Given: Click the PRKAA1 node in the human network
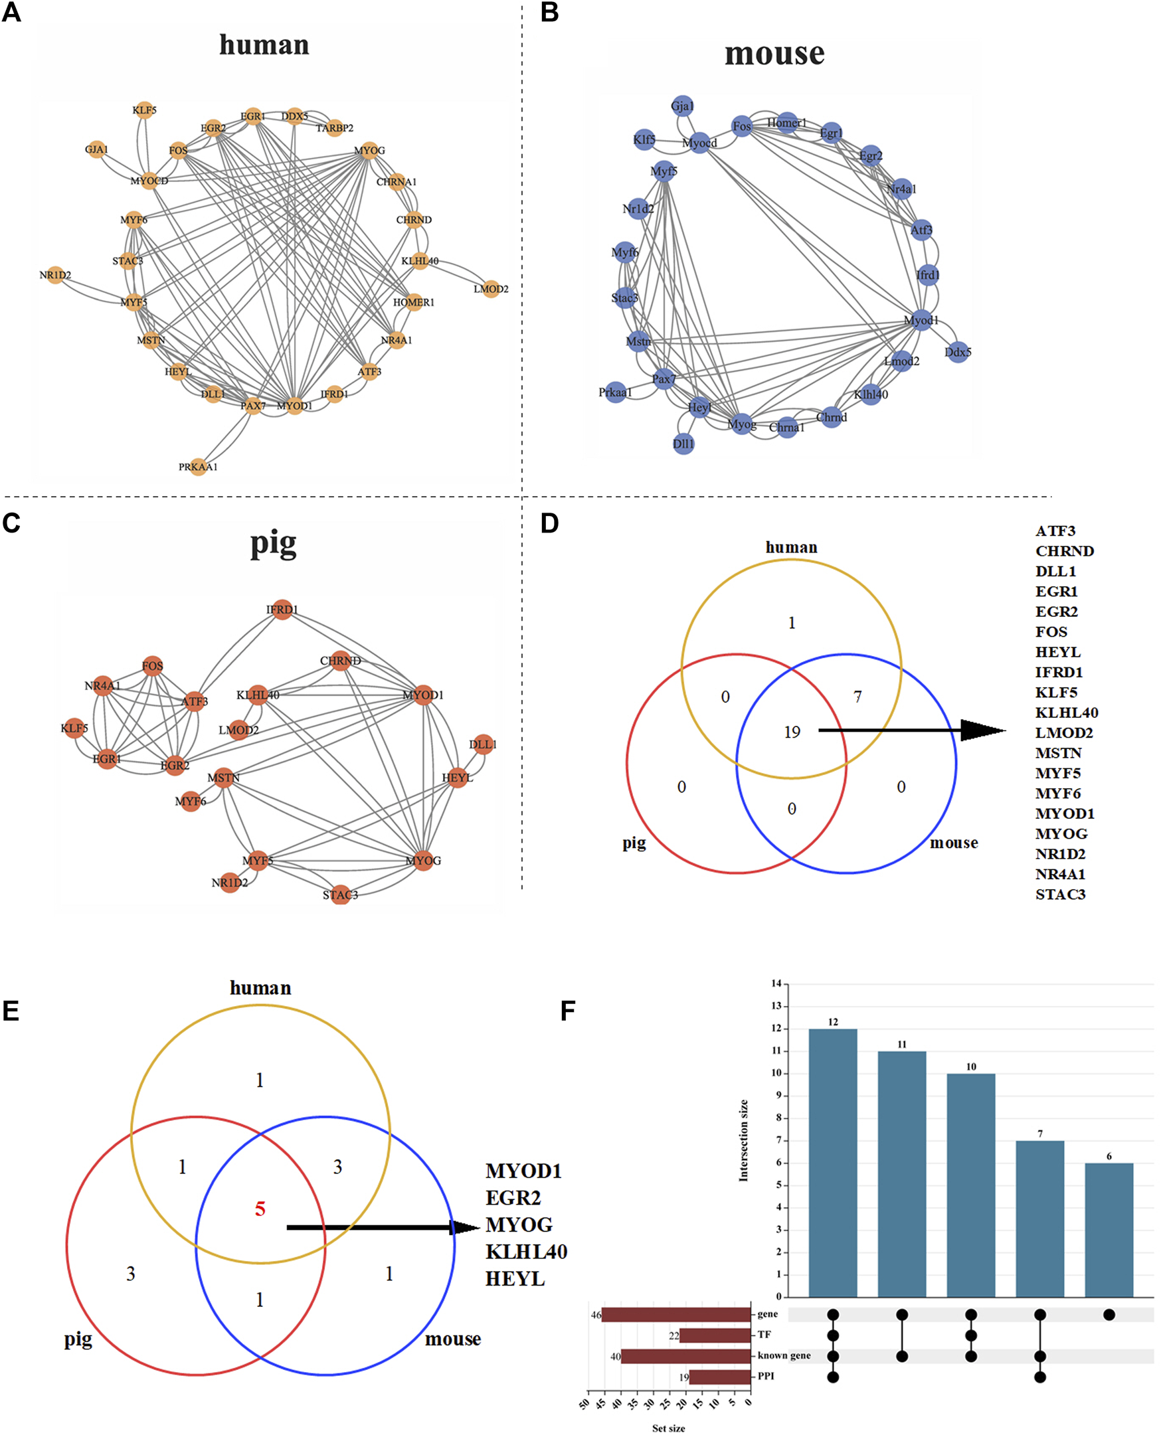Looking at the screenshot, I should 198,466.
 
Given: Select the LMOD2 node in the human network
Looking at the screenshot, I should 491,288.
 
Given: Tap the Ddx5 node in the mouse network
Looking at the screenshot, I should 958,352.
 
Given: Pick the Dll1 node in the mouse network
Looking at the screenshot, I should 683,444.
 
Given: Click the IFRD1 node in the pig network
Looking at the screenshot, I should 282,609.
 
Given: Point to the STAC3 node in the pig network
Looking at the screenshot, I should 341,894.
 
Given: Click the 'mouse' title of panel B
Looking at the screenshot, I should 774,54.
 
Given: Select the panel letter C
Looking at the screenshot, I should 11,523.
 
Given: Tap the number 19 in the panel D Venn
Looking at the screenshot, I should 792,732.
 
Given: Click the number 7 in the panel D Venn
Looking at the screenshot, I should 857,697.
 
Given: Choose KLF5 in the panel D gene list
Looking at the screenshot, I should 1056,692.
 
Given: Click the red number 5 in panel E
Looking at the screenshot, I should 260,1209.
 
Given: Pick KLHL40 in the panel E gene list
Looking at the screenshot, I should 525,1251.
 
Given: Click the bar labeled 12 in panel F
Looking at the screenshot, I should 833,1163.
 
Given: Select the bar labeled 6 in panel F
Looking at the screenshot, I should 1109,1230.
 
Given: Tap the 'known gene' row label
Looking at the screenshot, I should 784,1355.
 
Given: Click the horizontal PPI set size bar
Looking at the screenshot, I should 720,1377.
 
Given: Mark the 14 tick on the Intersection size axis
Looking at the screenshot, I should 776,983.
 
